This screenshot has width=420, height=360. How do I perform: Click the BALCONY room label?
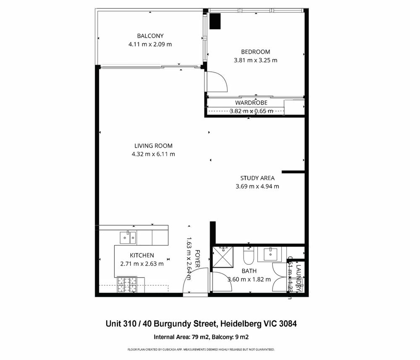click(150, 36)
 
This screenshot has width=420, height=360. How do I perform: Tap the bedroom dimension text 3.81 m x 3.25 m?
click(255, 60)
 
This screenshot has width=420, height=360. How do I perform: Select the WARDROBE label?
click(251, 103)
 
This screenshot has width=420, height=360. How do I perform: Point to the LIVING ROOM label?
click(153, 146)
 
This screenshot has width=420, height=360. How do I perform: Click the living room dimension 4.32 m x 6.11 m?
click(153, 154)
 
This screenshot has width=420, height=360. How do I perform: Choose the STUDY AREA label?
click(257, 178)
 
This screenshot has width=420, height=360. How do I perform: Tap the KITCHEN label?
click(142, 255)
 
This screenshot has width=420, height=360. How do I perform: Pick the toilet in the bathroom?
click(248, 255)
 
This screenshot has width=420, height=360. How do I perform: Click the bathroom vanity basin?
click(269, 253)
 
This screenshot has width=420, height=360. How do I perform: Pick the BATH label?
click(249, 271)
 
